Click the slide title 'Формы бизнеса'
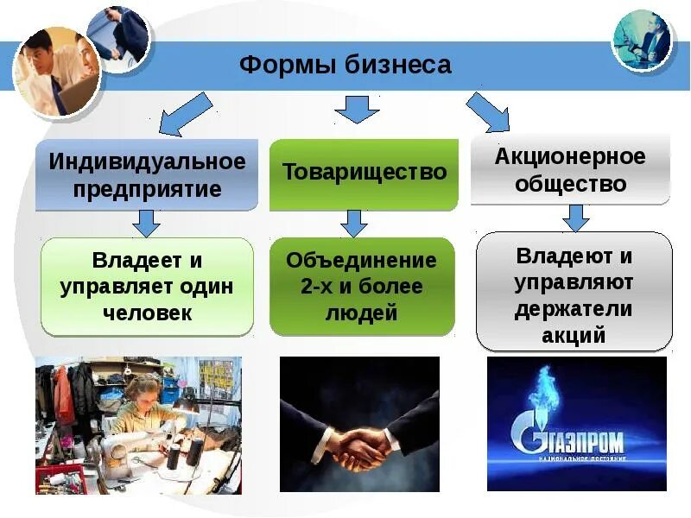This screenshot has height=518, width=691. [345, 66]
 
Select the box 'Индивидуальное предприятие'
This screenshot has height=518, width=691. [147, 175]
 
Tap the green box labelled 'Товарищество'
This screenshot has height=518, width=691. [364, 172]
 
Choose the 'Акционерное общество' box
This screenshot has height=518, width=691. [570, 170]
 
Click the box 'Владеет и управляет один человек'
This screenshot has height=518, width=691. [147, 286]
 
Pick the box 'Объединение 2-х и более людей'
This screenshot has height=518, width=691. [362, 287]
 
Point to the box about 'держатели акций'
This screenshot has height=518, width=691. [574, 294]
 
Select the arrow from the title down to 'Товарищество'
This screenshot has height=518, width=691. [357, 109]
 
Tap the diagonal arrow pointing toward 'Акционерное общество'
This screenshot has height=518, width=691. [489, 112]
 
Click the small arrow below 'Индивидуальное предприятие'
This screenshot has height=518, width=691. [147, 223]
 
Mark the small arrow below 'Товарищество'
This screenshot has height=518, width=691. [354, 223]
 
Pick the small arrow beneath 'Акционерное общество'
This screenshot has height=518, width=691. [575, 217]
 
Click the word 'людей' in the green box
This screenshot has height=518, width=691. [362, 313]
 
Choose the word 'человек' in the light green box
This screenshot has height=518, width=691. [147, 312]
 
